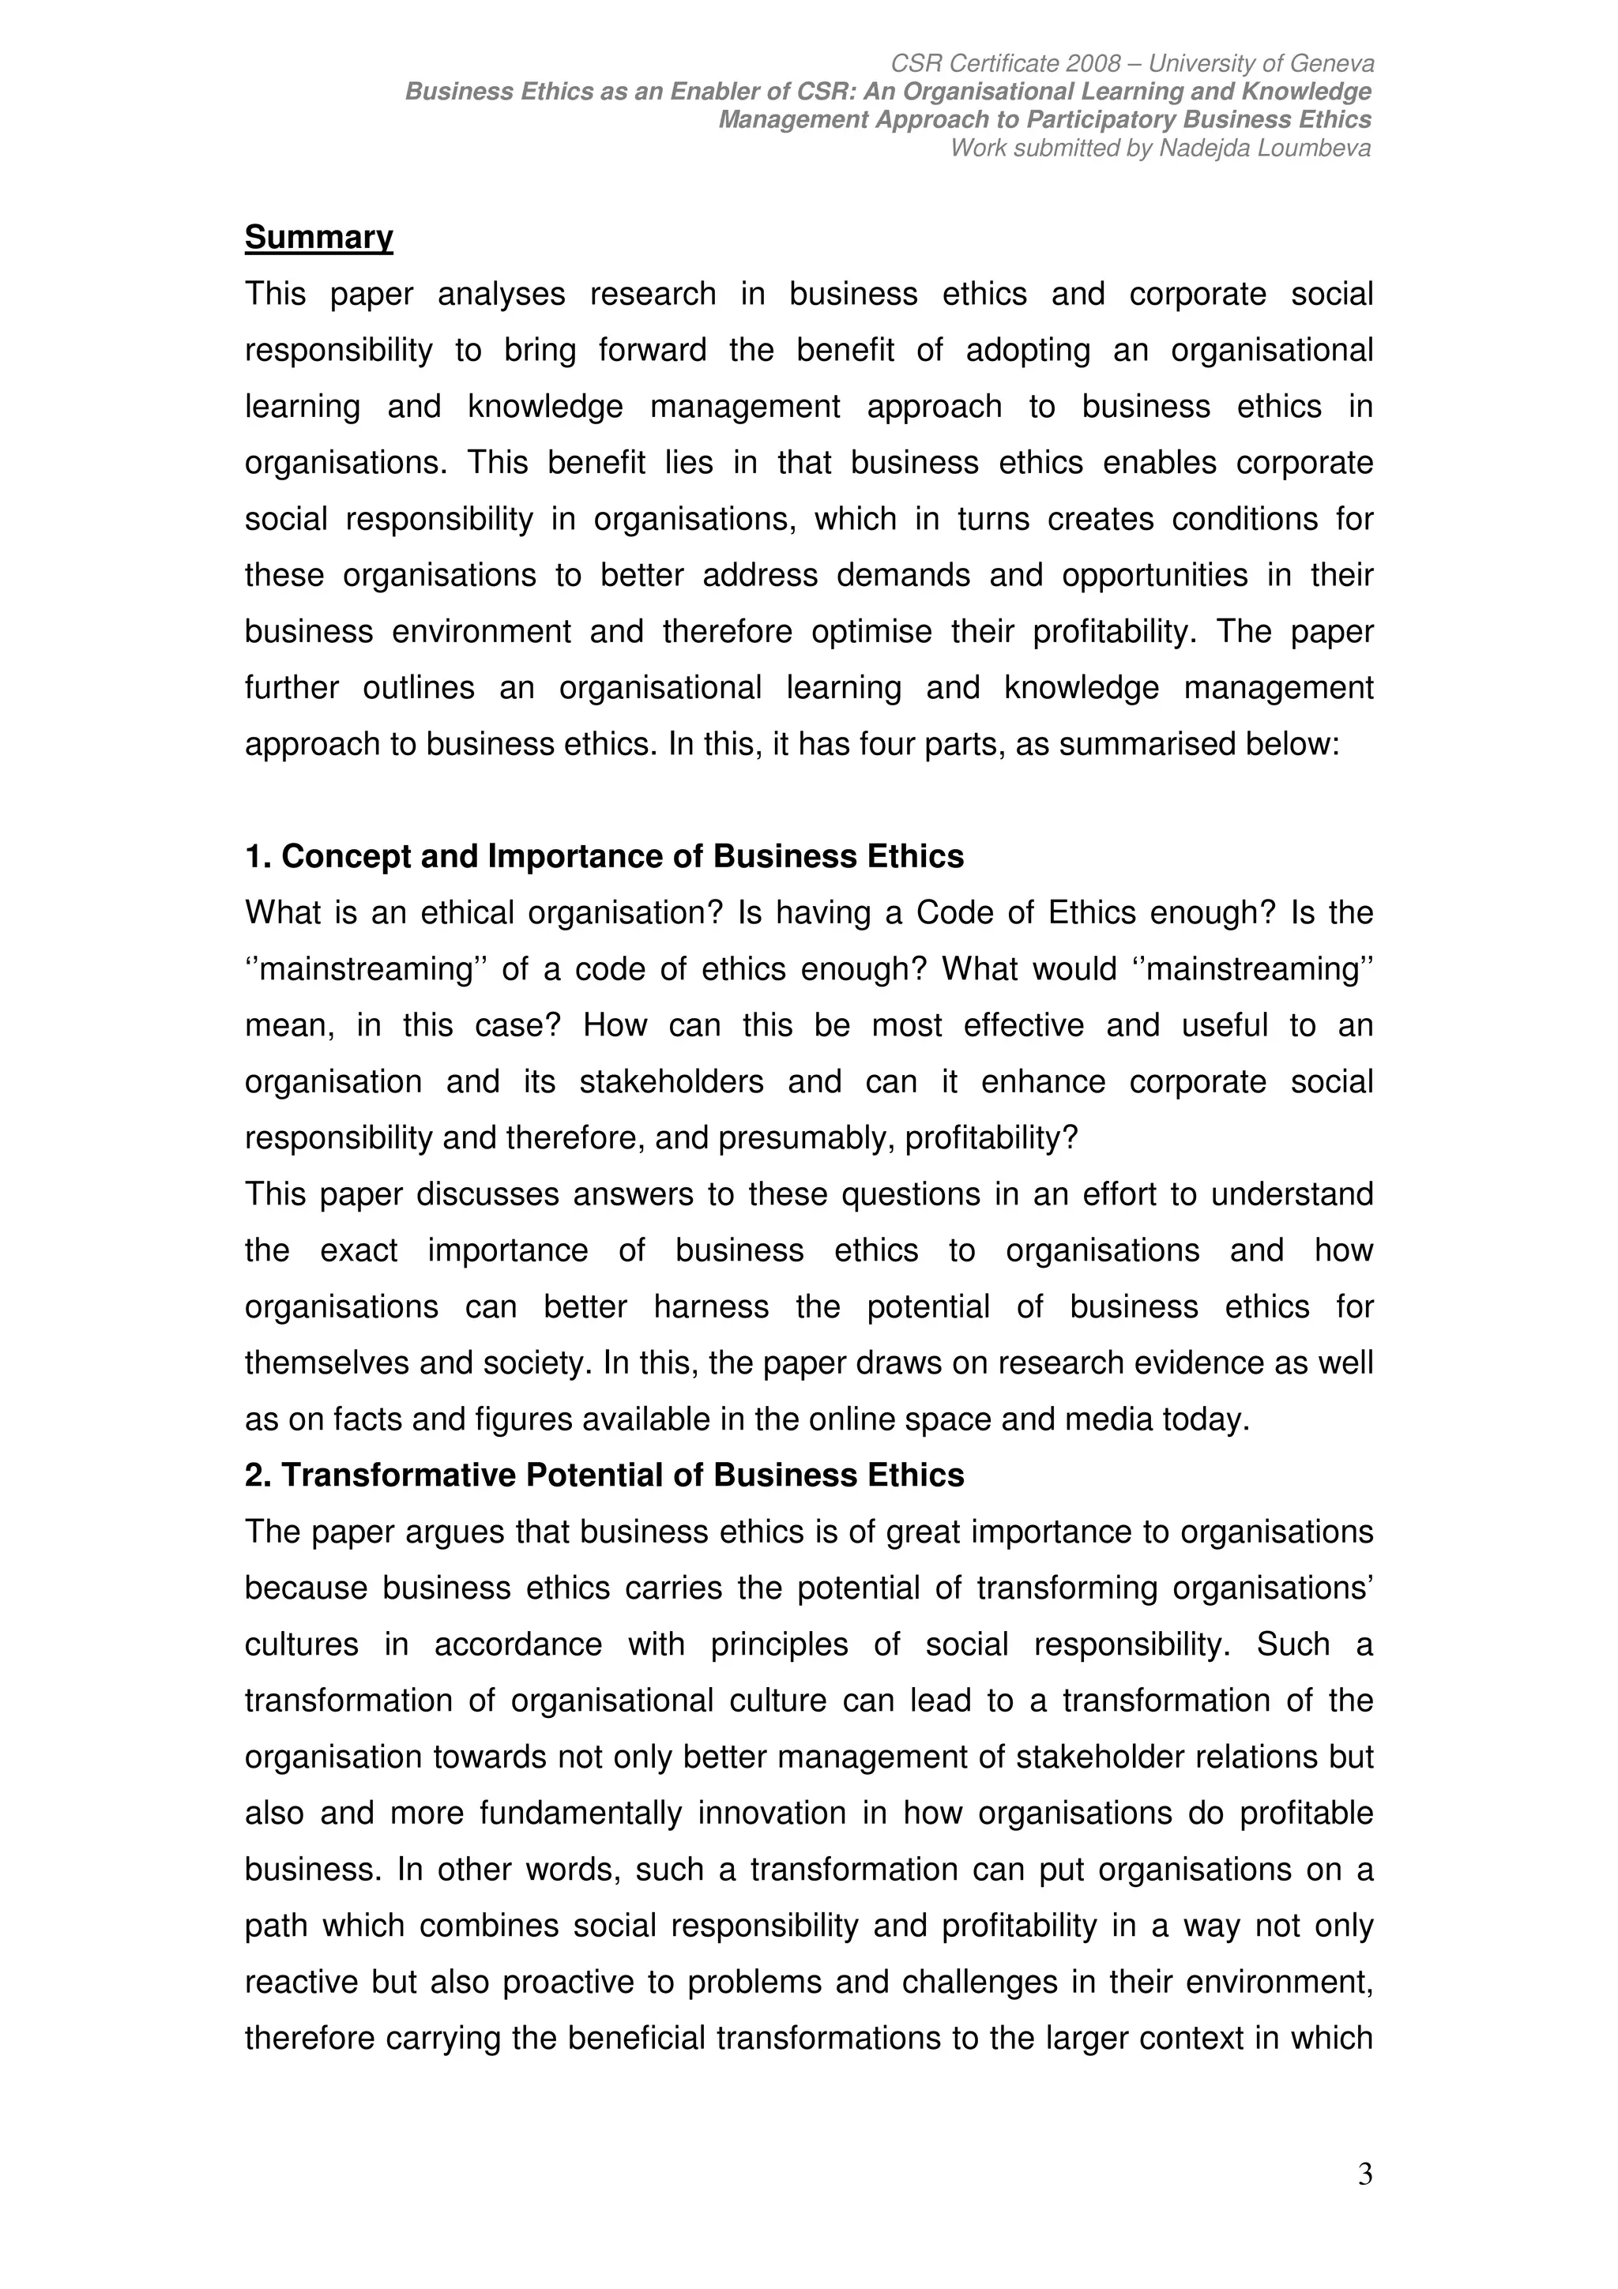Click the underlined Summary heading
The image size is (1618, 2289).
[319, 237]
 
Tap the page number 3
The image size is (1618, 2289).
[1364, 2174]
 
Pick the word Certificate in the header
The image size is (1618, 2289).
[1000, 64]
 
